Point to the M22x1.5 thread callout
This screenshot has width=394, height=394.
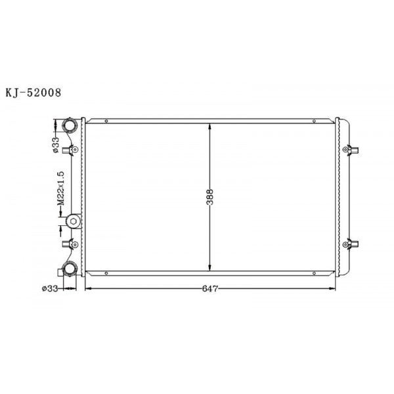(59, 189)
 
